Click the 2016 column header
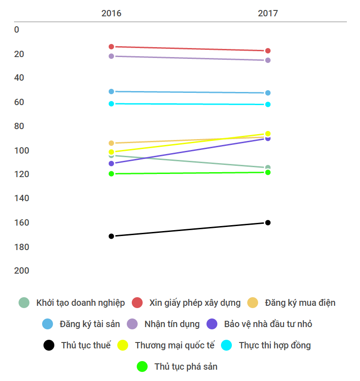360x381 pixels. point(111,13)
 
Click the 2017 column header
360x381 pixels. point(268,13)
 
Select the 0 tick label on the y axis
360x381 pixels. point(17,30)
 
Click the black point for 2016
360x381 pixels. point(111,236)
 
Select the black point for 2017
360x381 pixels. point(268,222)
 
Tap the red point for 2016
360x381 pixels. point(111,47)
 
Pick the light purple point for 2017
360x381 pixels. point(268,60)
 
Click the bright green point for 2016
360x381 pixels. point(111,174)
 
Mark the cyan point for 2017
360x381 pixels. point(268,105)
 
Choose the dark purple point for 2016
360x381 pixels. point(111,164)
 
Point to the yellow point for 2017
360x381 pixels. point(268,134)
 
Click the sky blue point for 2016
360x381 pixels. point(111,92)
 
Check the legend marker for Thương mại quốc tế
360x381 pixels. point(123,345)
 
